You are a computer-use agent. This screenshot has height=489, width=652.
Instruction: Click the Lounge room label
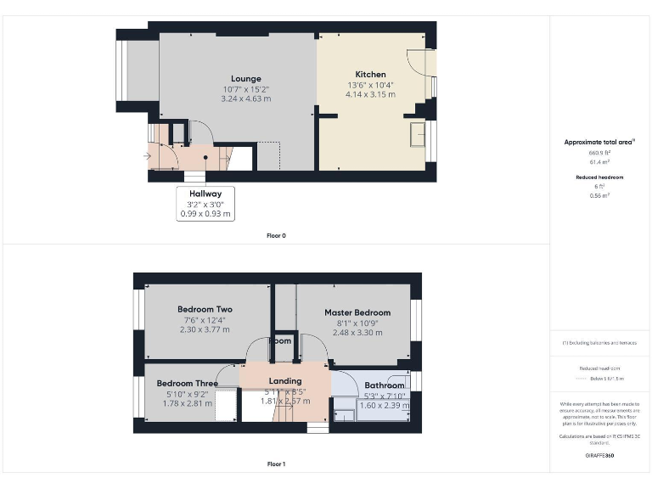click(x=245, y=79)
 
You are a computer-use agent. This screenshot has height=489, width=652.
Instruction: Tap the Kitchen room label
click(x=370, y=75)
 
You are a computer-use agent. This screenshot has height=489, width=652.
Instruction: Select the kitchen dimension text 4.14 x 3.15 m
click(x=370, y=94)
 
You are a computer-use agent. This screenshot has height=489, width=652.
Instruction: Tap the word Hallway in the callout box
click(x=205, y=194)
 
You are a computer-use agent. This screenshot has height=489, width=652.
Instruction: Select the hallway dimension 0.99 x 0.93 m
click(x=205, y=214)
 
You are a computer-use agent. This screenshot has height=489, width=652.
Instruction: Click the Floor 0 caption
click(x=276, y=235)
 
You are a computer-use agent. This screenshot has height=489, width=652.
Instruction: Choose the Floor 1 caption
click(x=276, y=464)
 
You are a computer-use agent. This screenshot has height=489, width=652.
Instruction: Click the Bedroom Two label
click(x=205, y=309)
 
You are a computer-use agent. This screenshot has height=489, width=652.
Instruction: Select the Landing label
click(x=285, y=381)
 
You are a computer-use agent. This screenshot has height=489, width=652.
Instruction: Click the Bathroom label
click(x=385, y=385)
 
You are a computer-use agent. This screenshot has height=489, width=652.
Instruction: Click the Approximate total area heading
click(x=599, y=142)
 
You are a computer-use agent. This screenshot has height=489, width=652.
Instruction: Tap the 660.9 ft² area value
click(x=599, y=152)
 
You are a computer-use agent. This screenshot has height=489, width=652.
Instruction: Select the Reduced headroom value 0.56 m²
click(x=599, y=195)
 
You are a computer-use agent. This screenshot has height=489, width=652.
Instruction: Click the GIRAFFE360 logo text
click(x=599, y=456)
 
